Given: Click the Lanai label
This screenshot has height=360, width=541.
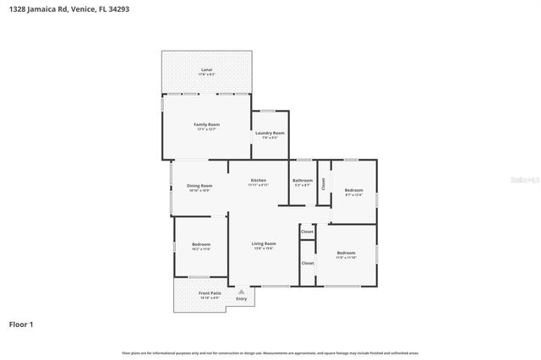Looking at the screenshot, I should pyautogui.click(x=206, y=69).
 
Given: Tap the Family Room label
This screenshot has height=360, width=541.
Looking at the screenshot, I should pyautogui.click(x=206, y=124).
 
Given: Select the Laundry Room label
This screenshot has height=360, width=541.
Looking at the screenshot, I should pyautogui.click(x=270, y=133).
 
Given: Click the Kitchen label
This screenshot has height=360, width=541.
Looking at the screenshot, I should pyautogui.click(x=258, y=180).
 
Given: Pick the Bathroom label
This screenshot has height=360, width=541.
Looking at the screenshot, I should pyautogui.click(x=303, y=180).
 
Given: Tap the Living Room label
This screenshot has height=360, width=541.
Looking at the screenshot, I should pyautogui.click(x=263, y=243).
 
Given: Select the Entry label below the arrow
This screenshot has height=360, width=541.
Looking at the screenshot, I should pyautogui.click(x=242, y=298).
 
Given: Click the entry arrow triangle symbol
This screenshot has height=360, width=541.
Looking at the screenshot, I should pyautogui.click(x=242, y=290).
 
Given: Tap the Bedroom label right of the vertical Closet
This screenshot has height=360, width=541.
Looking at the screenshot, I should pyautogui.click(x=353, y=190).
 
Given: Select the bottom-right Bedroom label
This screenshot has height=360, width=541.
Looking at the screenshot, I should pyautogui.click(x=346, y=253).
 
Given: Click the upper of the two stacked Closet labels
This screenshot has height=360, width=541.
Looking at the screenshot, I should pyautogui.click(x=307, y=231).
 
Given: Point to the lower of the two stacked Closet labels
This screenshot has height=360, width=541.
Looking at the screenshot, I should pyautogui.click(x=307, y=263).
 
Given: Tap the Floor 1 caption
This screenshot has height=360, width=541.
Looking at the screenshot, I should pyautogui.click(x=22, y=324).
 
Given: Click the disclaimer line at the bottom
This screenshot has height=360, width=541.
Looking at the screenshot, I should pyautogui.click(x=270, y=352).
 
